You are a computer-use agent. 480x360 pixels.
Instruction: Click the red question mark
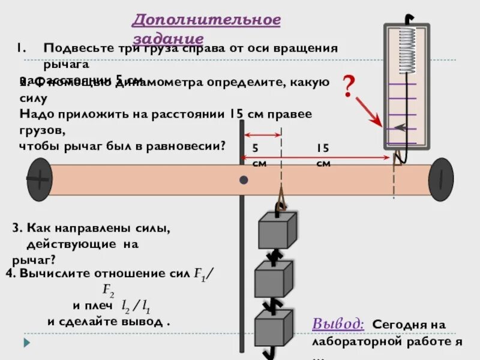(x=348, y=88)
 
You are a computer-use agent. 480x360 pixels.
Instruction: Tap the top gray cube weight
(x=277, y=230)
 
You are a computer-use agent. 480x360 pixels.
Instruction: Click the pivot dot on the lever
(x=244, y=180)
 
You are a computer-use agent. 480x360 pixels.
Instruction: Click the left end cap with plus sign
(x=39, y=179)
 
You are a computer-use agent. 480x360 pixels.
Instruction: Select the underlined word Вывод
(x=338, y=323)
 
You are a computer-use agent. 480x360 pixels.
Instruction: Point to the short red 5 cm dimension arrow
(x=262, y=135)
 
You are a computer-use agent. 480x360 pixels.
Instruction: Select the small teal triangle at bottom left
(x=26, y=343)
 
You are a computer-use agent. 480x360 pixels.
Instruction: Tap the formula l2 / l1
(x=136, y=307)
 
